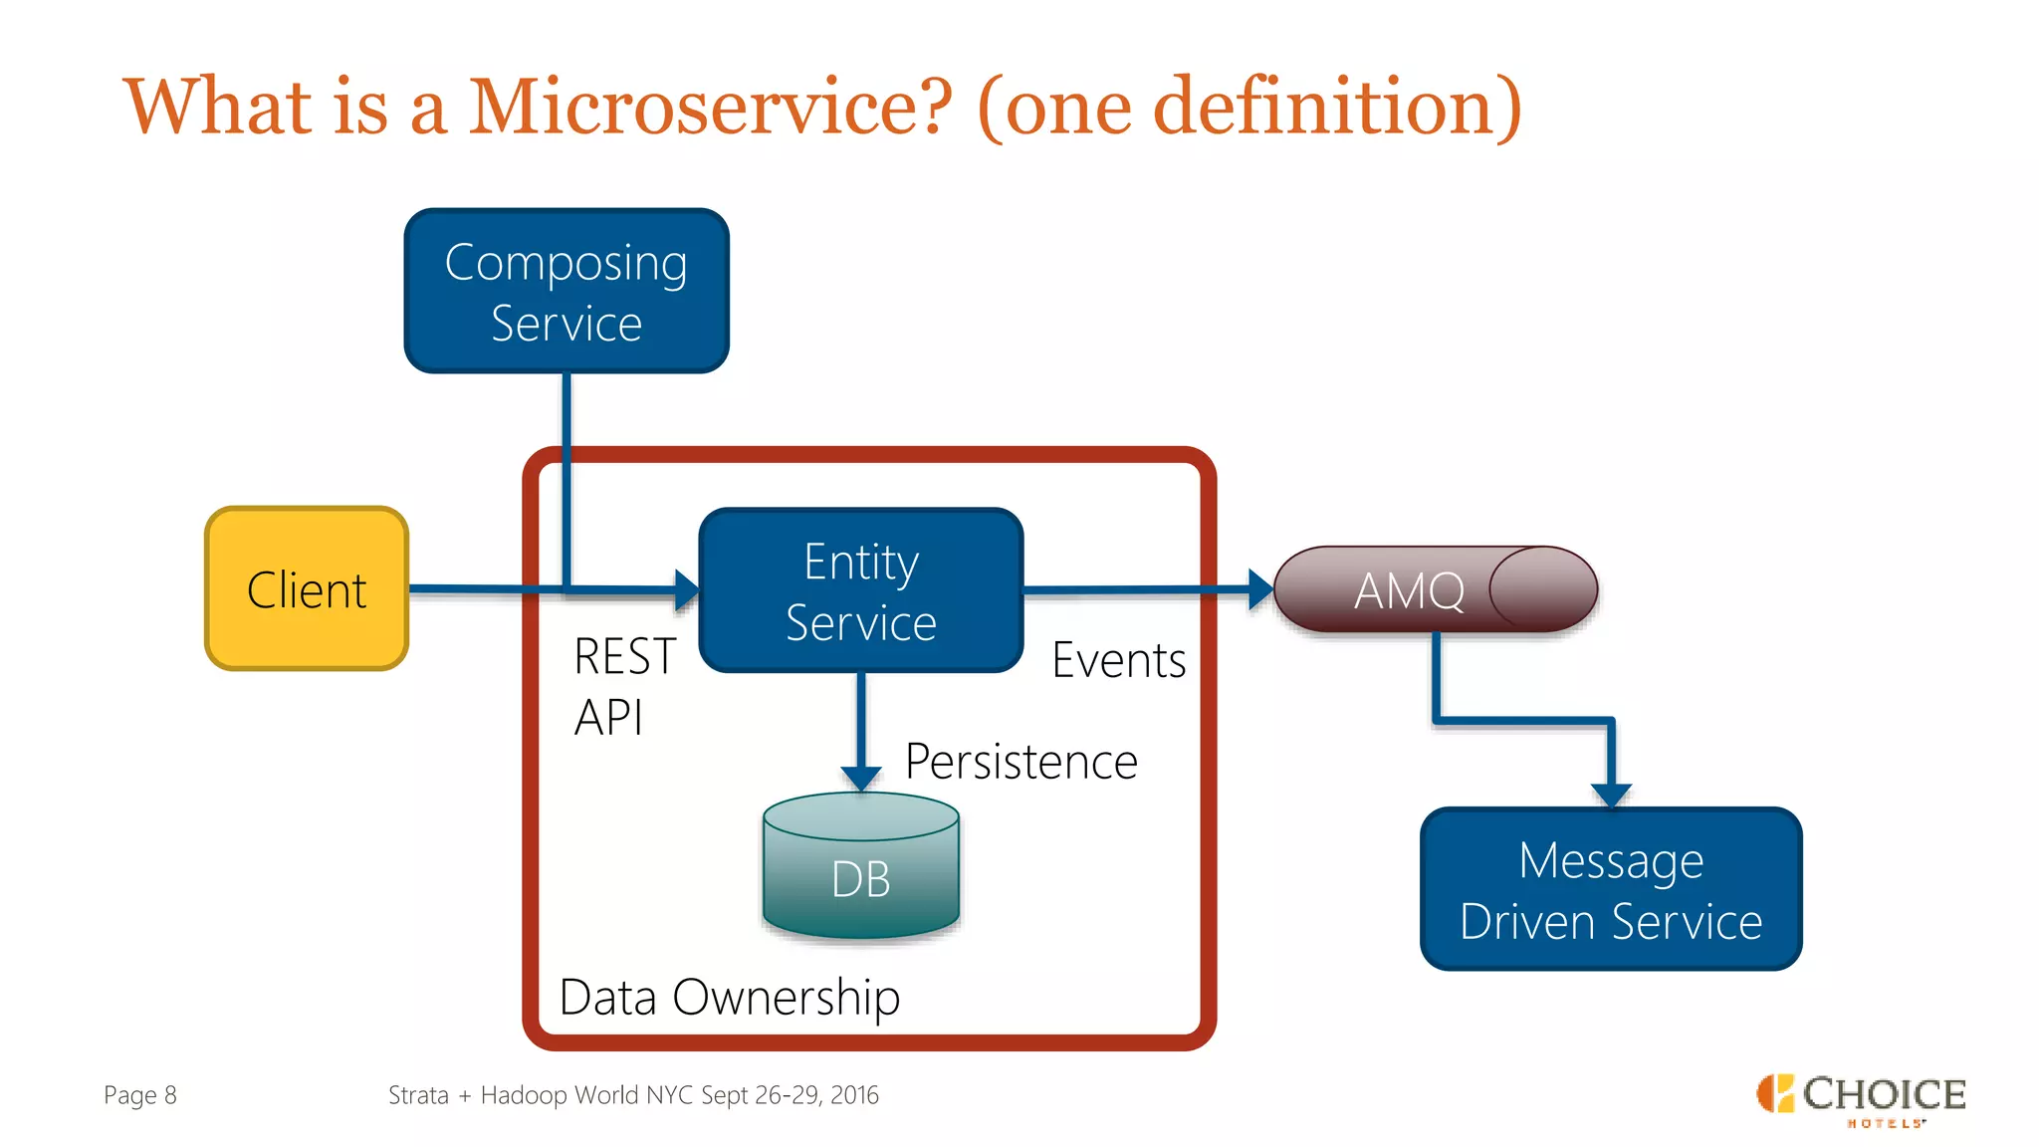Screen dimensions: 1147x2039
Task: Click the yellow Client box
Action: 307,588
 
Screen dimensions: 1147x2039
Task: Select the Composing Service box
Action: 566,291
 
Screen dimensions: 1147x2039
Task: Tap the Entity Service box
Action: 861,590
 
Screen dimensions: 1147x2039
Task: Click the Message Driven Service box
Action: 1610,889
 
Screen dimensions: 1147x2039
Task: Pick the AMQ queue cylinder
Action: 1434,589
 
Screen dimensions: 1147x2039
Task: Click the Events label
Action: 1118,660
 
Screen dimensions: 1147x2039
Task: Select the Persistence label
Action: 1020,762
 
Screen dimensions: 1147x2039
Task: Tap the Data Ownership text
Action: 729,997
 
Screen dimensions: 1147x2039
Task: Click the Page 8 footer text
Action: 140,1095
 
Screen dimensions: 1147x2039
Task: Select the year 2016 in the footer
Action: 854,1095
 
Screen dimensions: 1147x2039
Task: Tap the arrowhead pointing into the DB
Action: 861,778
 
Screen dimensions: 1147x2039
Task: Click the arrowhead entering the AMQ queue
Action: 1260,589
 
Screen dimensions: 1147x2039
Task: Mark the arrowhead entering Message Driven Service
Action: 1610,795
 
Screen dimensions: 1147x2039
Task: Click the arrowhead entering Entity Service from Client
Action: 687,589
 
